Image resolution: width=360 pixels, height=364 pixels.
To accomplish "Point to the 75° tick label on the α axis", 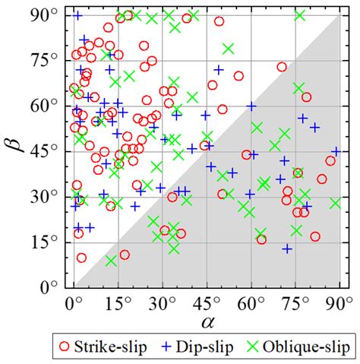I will click(295, 302).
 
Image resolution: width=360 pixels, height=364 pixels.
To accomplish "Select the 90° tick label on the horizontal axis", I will click(337, 302).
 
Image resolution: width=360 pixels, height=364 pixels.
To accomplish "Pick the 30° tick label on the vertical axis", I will click(49, 196).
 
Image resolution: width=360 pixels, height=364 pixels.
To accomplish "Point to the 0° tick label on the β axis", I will click(53, 287).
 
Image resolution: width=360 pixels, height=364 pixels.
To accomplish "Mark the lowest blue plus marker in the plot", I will click(287, 248).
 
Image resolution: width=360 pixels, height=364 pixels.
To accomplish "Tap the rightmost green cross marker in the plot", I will click(335, 203).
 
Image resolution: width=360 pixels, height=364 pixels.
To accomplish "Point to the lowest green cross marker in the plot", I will click(112, 261).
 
